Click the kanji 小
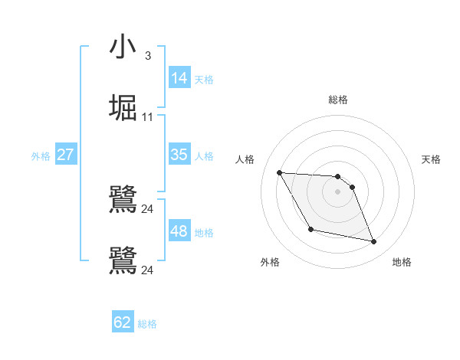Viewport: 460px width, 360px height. [123, 47]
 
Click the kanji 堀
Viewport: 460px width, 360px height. [123, 107]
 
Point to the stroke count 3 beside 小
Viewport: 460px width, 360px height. [147, 56]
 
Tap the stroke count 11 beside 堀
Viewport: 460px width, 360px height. [147, 117]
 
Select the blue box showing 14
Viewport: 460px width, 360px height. [179, 77]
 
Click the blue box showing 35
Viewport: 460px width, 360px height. [179, 155]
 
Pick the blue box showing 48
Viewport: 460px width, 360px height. [179, 231]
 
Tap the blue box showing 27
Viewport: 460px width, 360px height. [66, 155]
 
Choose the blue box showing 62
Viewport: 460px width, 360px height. [123, 322]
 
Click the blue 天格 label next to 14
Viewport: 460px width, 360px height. [204, 79]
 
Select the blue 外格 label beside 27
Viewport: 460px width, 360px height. [41, 156]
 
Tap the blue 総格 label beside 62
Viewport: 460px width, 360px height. [147, 324]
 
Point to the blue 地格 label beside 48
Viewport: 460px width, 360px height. [204, 233]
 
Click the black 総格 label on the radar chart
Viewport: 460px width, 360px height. [337, 100]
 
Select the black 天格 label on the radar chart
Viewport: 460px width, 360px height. [431, 159]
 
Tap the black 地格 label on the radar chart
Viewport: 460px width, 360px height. [402, 262]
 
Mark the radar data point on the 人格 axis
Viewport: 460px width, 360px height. [280, 172]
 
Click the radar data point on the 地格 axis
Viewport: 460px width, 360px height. [374, 242]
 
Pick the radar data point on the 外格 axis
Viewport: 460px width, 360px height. [310, 229]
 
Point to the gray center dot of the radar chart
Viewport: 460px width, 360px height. [337, 191]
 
